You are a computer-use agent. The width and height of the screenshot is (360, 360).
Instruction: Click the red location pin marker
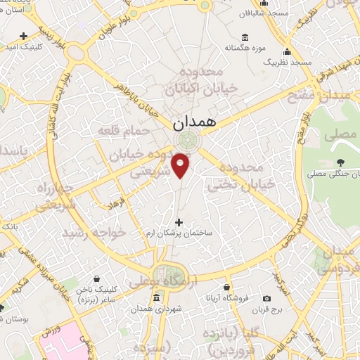point(181,165)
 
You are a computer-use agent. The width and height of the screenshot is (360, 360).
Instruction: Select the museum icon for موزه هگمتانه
point(244,37)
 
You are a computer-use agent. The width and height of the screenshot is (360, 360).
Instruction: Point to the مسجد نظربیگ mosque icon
point(287,51)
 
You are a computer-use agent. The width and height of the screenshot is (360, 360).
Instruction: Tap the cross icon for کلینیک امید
point(25,36)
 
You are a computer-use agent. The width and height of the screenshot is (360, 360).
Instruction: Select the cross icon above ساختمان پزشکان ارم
point(179,222)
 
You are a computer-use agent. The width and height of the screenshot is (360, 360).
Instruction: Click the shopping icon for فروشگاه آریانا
point(226,287)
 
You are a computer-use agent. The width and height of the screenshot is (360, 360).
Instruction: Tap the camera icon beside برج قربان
point(266,298)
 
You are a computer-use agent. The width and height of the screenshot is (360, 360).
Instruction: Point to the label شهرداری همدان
point(160,309)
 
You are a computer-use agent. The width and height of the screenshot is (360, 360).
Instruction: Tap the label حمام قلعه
point(133,131)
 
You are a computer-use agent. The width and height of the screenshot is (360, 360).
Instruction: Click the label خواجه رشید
point(94,231)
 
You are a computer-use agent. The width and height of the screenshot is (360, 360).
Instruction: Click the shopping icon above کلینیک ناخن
point(104,278)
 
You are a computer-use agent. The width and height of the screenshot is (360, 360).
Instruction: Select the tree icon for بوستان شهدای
point(1,307)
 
